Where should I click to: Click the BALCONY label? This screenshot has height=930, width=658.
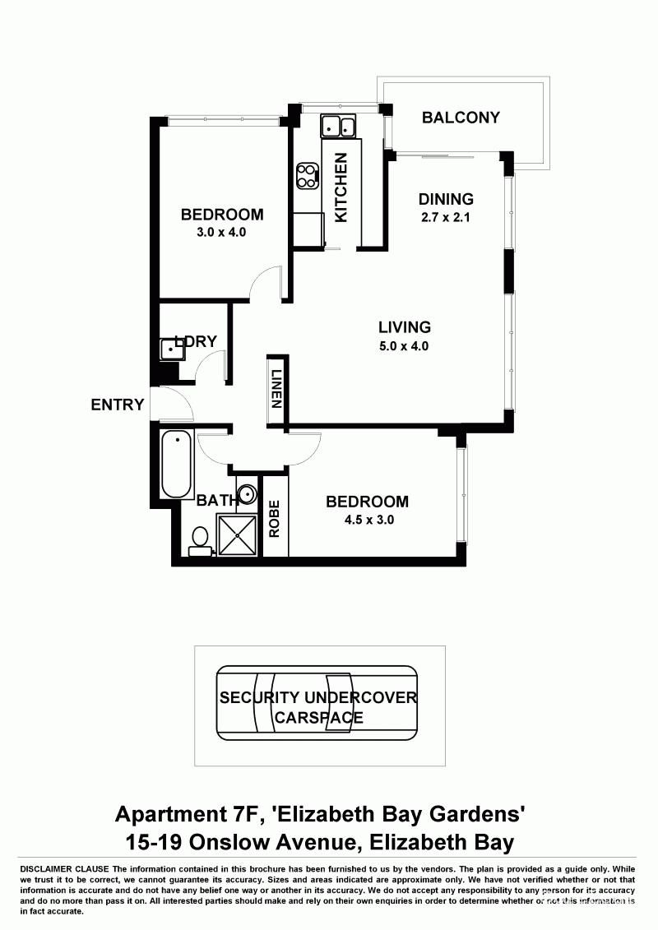461,118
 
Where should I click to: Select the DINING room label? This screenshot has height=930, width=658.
446,199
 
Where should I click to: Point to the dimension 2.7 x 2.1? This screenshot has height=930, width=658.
446,218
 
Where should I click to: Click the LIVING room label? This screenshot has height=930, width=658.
404,327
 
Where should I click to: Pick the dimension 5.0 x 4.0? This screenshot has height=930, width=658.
404,346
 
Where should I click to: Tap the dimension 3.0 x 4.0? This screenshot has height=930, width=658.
222,233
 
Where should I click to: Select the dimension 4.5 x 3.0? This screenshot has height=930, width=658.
367,520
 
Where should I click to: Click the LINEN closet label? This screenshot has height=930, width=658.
277,390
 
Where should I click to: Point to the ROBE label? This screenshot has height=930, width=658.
275,519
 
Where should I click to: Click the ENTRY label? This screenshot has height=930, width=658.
118,405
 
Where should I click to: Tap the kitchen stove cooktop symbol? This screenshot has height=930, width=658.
308,175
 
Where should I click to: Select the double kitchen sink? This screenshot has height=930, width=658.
338,127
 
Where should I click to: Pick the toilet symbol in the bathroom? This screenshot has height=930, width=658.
198,539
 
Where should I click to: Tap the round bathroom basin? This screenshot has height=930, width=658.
248,495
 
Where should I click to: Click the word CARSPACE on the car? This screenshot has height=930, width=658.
318,717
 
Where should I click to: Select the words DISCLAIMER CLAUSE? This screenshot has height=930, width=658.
63,869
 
